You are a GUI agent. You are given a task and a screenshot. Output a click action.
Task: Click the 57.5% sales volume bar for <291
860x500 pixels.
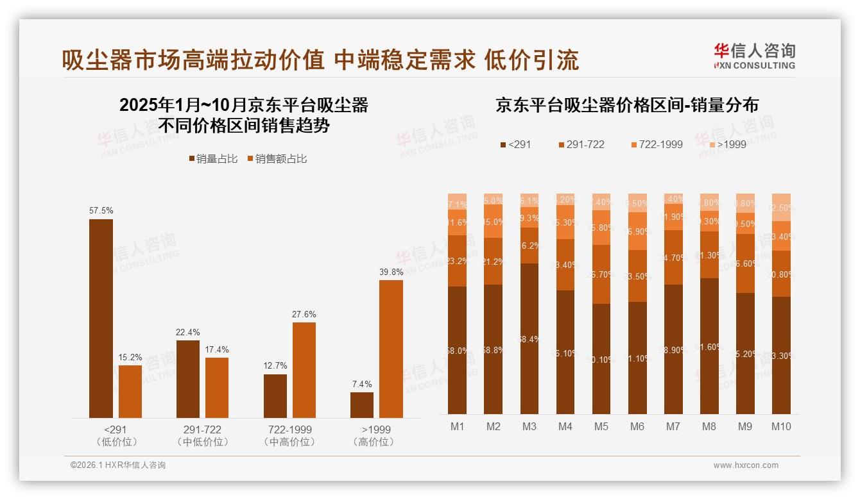101,319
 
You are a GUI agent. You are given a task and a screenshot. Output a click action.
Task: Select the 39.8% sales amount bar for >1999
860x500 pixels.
391,349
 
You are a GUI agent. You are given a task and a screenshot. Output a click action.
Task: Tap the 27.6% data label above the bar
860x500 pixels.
304,314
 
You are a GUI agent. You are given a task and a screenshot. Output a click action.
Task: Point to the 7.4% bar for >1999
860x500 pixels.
362,405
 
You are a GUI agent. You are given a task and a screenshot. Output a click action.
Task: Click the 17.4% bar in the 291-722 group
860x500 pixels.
217,388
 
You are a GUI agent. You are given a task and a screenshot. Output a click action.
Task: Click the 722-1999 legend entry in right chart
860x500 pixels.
655,144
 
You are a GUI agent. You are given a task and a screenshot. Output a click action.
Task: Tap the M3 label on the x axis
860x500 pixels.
529,426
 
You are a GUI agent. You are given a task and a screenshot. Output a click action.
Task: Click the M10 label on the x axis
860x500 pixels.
781,426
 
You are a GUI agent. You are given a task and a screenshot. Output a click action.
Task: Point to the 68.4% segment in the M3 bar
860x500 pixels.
529,338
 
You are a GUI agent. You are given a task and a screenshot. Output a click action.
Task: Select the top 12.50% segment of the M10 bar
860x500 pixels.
781,207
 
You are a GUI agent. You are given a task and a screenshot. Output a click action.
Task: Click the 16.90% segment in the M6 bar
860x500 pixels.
637,231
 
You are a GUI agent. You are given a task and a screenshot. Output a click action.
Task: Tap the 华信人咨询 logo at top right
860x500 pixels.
754,56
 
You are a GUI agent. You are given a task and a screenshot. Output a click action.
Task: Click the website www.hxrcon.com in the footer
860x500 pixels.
746,465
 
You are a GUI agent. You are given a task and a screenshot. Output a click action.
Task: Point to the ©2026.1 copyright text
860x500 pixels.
118,465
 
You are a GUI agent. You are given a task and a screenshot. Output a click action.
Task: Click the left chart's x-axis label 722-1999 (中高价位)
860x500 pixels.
289,435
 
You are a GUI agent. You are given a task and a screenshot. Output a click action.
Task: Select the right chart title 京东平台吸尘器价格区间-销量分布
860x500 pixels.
626,105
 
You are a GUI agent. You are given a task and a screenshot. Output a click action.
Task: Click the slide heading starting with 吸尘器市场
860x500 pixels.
320,60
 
